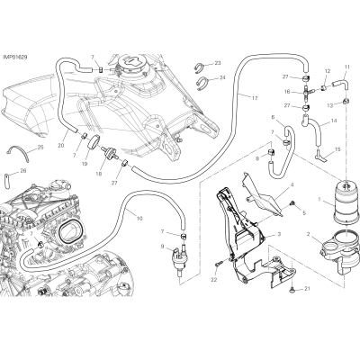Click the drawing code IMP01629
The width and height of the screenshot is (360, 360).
pyautogui.click(x=15, y=57)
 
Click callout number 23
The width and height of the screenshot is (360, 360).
pyautogui.click(x=218, y=63)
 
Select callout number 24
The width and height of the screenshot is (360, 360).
pyautogui.click(x=222, y=77)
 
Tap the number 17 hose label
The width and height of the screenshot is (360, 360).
pyautogui.click(x=255, y=98)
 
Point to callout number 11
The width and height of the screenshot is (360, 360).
pyautogui.click(x=347, y=67)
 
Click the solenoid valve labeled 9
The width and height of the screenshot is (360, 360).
pyautogui.click(x=179, y=258)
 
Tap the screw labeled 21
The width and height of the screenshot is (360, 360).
pyautogui.click(x=292, y=290)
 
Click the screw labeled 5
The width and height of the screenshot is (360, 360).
pyautogui.click(x=292, y=203)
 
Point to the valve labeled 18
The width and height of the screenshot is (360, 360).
pyautogui.click(x=111, y=151)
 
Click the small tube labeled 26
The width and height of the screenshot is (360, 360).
pyautogui.click(x=7, y=181)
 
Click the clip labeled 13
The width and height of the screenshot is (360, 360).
pyautogui.click(x=346, y=100)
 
